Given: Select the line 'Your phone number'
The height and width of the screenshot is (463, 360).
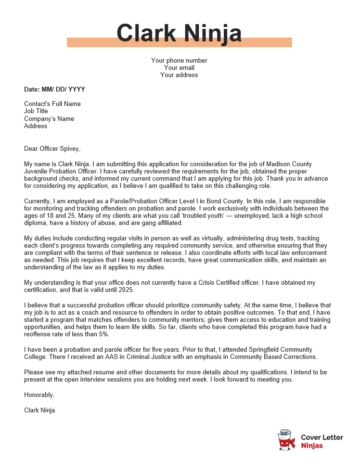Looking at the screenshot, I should (179, 60).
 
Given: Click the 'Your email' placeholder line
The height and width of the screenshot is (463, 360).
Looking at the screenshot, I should (179, 67).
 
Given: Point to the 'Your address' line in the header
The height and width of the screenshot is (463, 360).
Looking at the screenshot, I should (179, 74).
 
